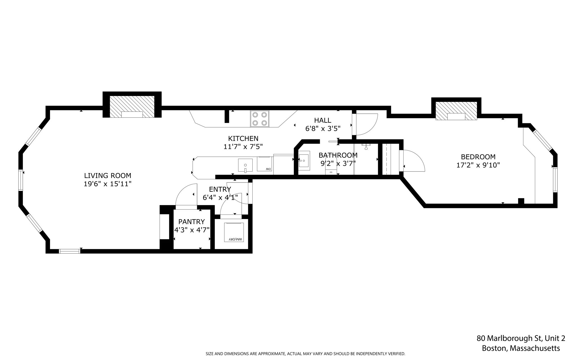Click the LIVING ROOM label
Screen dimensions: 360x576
[107, 176]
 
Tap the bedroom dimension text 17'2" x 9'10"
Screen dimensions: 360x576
[478, 165]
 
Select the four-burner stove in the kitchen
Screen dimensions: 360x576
[260, 119]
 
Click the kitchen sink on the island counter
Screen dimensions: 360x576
[245, 165]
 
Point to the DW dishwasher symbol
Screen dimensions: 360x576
[265, 164]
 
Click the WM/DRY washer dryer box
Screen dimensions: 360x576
[234, 232]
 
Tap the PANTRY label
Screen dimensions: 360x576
[192, 222]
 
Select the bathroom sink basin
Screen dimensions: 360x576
[304, 161]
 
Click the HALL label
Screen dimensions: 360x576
[323, 120]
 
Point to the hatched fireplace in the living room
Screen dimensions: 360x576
[132, 106]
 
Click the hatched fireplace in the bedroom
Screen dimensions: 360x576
[456, 111]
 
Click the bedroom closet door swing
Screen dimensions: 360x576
[413, 161]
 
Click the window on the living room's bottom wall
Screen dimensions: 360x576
[69, 251]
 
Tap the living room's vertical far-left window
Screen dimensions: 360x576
[21, 180]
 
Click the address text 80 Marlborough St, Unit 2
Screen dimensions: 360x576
[521, 338]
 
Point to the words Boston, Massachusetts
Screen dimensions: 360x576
[521, 348]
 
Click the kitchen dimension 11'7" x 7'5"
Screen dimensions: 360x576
[243, 147]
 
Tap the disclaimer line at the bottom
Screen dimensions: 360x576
[305, 354]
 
